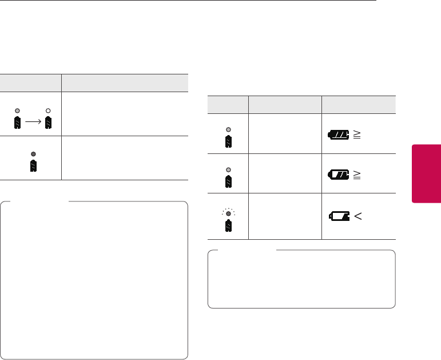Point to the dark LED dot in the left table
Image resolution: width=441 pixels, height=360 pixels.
point(34,154)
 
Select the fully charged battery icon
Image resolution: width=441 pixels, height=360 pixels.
point(339,135)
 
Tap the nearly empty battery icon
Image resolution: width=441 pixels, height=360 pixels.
point(339,216)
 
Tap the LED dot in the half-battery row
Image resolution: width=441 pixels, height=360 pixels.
point(228,169)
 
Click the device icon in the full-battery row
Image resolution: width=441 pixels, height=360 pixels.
point(228,141)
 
